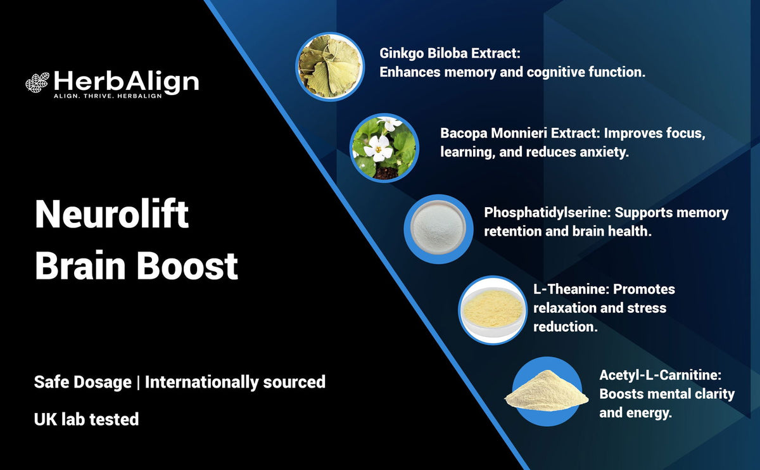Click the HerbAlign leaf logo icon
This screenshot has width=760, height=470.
(x=37, y=82)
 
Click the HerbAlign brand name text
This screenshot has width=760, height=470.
(x=126, y=81)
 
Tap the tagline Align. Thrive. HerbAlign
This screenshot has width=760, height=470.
(x=107, y=95)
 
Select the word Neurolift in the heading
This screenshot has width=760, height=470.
(x=111, y=215)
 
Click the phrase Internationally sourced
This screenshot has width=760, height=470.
(x=235, y=382)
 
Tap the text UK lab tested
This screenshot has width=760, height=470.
(x=86, y=419)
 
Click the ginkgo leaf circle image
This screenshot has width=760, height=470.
(x=329, y=66)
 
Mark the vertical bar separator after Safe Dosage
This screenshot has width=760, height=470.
(x=138, y=382)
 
